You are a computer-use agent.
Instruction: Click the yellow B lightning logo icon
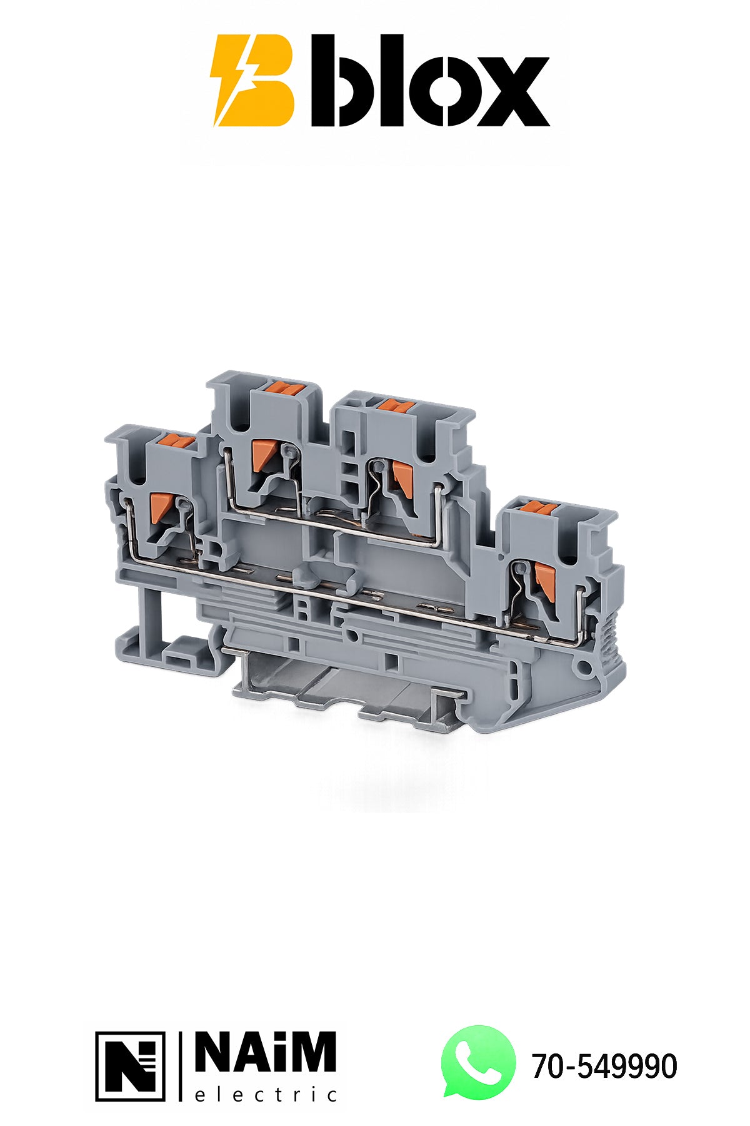(x=252, y=81)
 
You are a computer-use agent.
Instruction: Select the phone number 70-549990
(x=604, y=1066)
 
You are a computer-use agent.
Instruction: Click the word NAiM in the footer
(x=266, y=1052)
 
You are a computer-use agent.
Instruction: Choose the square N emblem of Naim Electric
(x=131, y=1066)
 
